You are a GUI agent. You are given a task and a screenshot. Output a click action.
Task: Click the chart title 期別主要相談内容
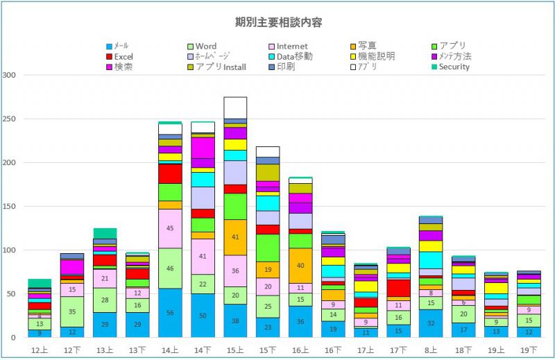(x=277, y=22)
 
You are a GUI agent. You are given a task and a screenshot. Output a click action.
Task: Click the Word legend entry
(x=206, y=46)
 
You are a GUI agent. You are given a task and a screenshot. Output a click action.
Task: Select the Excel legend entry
(x=123, y=57)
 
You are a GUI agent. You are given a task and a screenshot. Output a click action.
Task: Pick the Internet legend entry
(x=293, y=46)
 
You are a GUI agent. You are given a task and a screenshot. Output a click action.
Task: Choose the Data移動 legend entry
(x=295, y=57)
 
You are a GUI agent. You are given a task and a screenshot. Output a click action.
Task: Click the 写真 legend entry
(x=371, y=46)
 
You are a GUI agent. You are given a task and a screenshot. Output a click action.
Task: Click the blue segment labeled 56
(x=169, y=313)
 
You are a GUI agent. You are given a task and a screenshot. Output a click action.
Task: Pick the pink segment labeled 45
(x=169, y=228)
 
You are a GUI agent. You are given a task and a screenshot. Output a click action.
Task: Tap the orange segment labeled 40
(x=300, y=266)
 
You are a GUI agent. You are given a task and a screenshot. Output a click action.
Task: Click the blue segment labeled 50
(x=203, y=316)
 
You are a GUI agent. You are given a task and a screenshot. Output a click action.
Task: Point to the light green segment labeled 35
(x=72, y=311)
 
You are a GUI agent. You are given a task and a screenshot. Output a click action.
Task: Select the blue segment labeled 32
(x=431, y=323)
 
